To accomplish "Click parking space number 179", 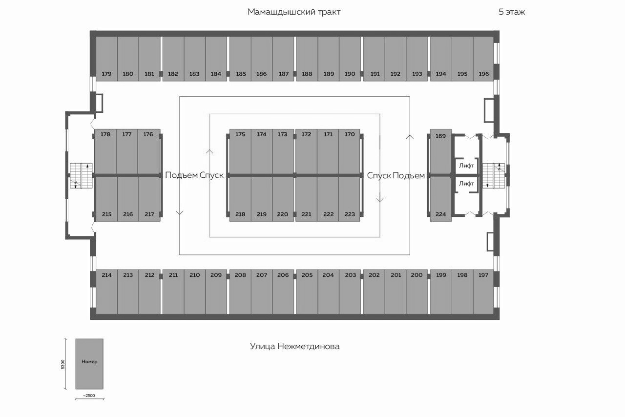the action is [x=106, y=59].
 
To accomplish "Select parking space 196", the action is [x=483, y=59].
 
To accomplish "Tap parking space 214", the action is [x=106, y=292].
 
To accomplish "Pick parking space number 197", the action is [x=483, y=292].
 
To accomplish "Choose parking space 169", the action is [x=440, y=151].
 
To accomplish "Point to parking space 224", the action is [x=440, y=199].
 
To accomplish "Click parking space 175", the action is [x=240, y=151].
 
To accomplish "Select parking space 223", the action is [x=349, y=199].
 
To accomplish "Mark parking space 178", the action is [x=105, y=151].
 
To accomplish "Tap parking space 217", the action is [x=149, y=199].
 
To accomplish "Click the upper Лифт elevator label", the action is [x=466, y=166].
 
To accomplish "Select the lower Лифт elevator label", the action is [x=466, y=184].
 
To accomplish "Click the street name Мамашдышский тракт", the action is [x=294, y=12].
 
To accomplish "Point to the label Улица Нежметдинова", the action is [x=294, y=346].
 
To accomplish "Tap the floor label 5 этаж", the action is [x=512, y=12].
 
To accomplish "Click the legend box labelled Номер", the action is [x=89, y=364].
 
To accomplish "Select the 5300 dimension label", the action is [x=63, y=364].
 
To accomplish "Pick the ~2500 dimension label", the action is [x=89, y=396].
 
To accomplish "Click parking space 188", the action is [x=307, y=59].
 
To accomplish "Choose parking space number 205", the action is [x=307, y=292].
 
